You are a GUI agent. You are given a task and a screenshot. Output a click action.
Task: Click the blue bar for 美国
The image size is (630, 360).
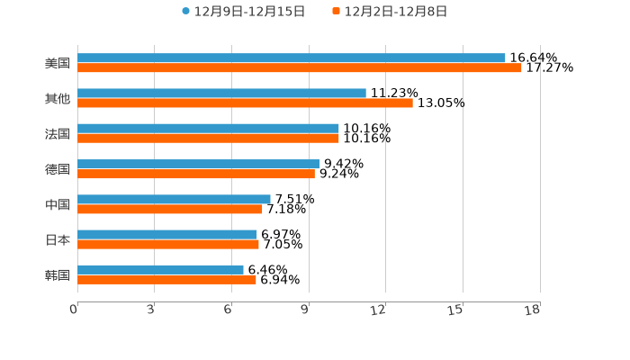coord(292,58)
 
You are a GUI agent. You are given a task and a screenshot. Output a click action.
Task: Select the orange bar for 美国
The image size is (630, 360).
coord(300,68)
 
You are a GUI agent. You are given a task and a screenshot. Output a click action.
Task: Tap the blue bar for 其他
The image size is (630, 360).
coord(221,94)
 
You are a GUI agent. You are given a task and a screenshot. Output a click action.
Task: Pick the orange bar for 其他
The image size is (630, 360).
coord(245,103)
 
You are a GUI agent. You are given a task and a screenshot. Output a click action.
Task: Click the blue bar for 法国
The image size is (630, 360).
coord(208,129)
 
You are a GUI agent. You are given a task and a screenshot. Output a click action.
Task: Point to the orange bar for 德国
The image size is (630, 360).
coord(196,174)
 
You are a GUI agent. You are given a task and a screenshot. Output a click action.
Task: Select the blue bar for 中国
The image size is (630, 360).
coord(174,199)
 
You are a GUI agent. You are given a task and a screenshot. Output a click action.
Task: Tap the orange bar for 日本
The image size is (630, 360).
coord(168,244)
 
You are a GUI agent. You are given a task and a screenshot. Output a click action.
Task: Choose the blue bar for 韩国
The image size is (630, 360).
coord(160,269)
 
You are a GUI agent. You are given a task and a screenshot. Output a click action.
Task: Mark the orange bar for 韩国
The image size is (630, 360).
coord(166,279)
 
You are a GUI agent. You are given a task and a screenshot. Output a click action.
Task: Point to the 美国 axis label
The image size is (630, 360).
coord(58,64)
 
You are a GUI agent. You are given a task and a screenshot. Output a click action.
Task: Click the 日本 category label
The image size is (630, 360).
coord(58,240)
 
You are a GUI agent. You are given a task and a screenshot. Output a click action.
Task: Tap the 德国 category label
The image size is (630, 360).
coord(58,169)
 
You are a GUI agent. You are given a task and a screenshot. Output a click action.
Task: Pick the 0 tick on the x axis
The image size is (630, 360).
coord(75,310)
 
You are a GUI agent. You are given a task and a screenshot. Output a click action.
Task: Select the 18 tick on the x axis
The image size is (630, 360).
coord(533,310)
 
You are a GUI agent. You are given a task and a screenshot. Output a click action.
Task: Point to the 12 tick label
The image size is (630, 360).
coord(379,310)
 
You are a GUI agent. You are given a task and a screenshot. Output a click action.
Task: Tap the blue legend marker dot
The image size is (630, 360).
coord(186,12)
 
